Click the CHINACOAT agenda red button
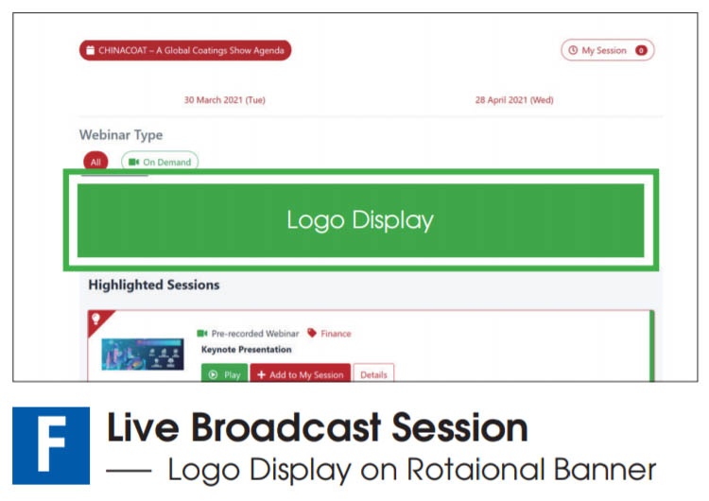point(185,50)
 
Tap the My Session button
point(608,50)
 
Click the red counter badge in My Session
point(641,50)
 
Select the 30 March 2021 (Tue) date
point(225,100)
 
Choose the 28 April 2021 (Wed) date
point(514,100)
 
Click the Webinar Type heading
point(121,135)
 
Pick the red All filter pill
point(95,161)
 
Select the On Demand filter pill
point(160,161)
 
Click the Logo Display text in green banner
point(360,220)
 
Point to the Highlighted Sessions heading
point(154,285)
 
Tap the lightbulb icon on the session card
point(95,320)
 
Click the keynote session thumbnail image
point(143,354)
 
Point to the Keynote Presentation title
point(247,350)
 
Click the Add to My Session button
point(301,373)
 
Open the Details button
point(373,373)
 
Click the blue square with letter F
point(51,445)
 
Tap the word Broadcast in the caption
point(286,428)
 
